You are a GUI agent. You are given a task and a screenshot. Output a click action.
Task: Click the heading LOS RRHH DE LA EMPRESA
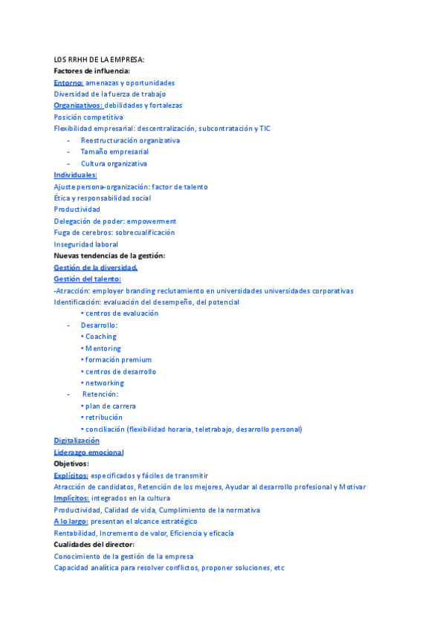pos(100,59)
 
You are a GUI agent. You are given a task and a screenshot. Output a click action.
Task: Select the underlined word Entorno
pos(68,82)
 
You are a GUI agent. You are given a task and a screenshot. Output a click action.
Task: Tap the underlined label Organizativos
pos(78,105)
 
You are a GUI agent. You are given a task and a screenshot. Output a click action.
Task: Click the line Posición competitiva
pos(88,117)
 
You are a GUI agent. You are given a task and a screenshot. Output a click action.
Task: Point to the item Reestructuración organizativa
pos(130,140)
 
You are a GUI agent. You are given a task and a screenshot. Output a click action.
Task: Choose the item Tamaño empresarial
pos(114,152)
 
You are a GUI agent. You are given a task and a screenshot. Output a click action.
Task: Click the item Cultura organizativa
pos(114,163)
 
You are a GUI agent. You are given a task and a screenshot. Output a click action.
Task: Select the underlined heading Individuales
pos(75,175)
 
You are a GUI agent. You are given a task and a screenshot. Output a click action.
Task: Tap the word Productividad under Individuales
pos(77,210)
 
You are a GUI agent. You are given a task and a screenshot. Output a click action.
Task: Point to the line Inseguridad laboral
pos(85,244)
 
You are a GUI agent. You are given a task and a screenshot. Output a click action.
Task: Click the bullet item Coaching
pos(100,337)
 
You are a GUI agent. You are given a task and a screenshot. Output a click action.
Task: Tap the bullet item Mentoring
pos(103,348)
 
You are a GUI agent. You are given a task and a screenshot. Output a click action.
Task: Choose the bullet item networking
pos(104,383)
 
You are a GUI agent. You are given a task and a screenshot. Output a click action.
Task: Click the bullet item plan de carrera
pos(110,406)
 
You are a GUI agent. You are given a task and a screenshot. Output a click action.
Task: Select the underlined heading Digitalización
pos(77,441)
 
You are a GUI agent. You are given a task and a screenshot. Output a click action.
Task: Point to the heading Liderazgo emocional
pos(88,452)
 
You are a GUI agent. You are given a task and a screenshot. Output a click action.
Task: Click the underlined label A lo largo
pos(71,522)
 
